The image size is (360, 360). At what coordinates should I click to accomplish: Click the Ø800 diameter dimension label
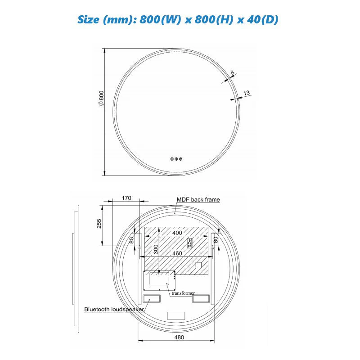[101, 98]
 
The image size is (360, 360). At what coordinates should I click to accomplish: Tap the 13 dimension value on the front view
[246, 93]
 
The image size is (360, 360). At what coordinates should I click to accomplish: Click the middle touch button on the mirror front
[176, 158]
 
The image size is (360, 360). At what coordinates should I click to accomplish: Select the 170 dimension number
[126, 198]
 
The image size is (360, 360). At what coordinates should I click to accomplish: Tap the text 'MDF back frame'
[198, 199]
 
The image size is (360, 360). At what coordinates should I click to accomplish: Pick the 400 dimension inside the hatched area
[177, 233]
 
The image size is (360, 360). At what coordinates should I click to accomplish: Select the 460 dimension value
[177, 253]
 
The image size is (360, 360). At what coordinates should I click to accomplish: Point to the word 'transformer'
[183, 293]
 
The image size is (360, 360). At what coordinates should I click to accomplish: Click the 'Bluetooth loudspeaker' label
[114, 309]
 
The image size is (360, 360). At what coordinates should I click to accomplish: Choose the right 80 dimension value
[216, 240]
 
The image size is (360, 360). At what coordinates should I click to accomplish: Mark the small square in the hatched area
[198, 265]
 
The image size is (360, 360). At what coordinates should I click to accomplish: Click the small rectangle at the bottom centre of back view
[176, 316]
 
